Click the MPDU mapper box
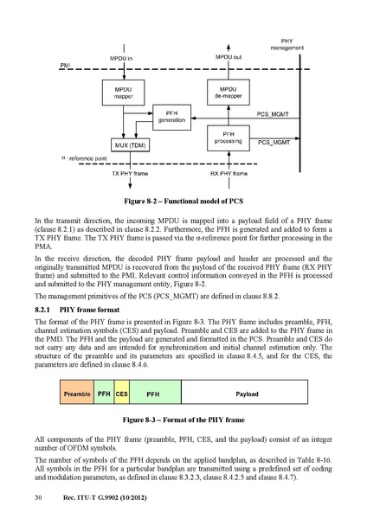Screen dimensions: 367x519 coord(123,93)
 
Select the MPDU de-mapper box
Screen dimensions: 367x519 coord(229,93)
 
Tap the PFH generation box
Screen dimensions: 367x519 coord(171,117)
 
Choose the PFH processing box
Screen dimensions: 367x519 coord(229,138)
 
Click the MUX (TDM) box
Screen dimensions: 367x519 coord(130,145)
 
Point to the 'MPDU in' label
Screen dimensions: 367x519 coord(121,59)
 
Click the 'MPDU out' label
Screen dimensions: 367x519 coord(229,57)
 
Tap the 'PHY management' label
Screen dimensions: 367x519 coord(287,44)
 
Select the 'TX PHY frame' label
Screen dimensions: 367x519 coord(130,174)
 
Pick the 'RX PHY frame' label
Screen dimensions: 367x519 coord(229,174)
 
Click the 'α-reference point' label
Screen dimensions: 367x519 coord(84,158)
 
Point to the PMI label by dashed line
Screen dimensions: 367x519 coord(65,66)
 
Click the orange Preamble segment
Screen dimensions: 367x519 coord(77,392)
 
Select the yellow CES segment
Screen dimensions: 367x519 coord(121,392)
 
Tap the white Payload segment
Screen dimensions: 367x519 coord(244,392)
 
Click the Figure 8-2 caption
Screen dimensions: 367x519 coord(183,202)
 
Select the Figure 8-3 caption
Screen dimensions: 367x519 coord(183,420)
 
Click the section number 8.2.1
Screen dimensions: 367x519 coord(42,310)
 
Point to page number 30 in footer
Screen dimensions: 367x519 coord(38,497)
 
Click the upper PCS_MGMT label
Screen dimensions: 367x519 coord(273,114)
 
